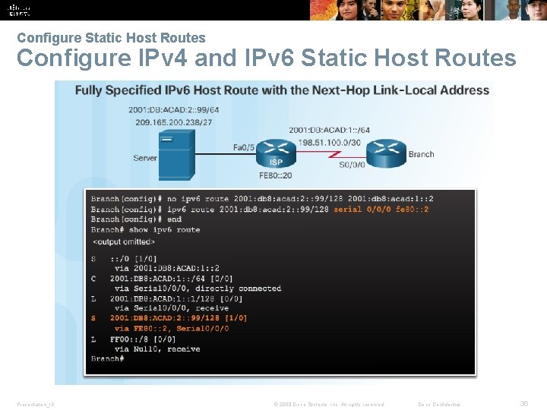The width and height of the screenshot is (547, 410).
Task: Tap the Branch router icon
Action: click(386, 153)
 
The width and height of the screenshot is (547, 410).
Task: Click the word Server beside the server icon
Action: click(144, 158)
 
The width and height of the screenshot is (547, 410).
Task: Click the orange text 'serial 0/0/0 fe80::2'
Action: click(381, 209)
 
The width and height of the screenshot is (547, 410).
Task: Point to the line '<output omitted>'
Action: click(124, 241)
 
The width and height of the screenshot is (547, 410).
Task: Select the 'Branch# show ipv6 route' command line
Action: click(145, 229)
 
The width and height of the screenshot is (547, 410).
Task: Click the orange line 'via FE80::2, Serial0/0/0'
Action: click(171, 329)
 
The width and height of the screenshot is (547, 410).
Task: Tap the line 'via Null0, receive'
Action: click(157, 349)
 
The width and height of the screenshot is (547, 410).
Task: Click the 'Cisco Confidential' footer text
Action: click(444, 404)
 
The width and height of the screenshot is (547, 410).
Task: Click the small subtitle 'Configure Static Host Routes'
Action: click(111, 37)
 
